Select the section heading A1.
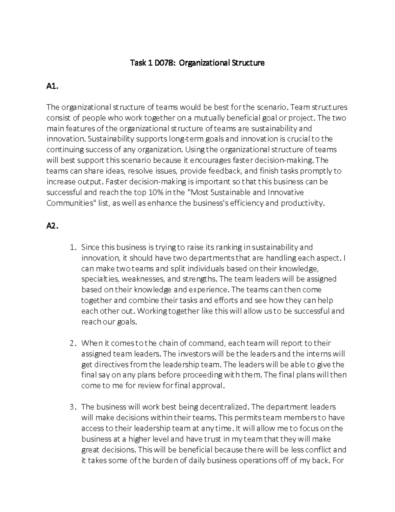click(x=53, y=86)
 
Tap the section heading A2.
click(x=53, y=226)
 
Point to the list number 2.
click(x=73, y=343)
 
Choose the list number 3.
click(x=73, y=407)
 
